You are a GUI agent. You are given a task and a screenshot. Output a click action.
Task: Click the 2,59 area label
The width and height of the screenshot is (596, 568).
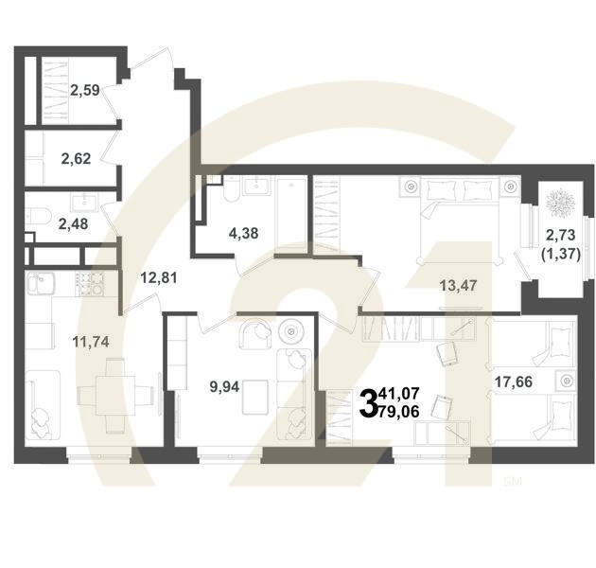pos(85,90)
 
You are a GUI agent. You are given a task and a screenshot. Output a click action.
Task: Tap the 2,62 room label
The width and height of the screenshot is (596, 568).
pos(76,158)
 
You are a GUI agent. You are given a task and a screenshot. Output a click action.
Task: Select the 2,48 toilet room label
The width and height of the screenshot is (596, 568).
pos(74,224)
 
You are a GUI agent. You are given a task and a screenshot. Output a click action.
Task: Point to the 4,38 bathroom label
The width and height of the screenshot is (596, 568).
pos(243,233)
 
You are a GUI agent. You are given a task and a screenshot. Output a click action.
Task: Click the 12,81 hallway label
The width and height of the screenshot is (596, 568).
pos(159,277)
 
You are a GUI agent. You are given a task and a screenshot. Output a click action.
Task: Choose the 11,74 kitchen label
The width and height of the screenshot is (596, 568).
pos(91,342)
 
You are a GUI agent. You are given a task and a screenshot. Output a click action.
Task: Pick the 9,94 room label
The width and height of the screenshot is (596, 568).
pos(224,387)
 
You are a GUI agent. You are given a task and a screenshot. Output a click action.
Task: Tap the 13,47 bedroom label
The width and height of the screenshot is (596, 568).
pos(458,285)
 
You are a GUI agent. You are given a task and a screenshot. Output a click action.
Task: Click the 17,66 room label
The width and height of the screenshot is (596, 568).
pos(514,382)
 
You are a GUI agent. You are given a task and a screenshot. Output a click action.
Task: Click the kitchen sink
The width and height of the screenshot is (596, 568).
pos(40,283)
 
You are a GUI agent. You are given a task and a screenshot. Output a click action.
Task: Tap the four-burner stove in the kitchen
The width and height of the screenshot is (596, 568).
pos(90,284)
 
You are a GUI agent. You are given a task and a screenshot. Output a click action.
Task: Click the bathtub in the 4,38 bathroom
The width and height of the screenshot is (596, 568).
pos(290,214)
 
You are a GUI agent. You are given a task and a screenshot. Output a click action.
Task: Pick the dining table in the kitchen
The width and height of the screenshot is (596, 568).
pos(115,396)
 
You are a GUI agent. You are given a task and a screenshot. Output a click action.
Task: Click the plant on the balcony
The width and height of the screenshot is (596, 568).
pos(559,203)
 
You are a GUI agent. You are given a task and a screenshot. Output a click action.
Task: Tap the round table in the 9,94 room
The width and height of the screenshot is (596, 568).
pos(291,331)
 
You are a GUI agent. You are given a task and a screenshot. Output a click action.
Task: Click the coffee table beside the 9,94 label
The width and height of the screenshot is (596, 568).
pos(255,398)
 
